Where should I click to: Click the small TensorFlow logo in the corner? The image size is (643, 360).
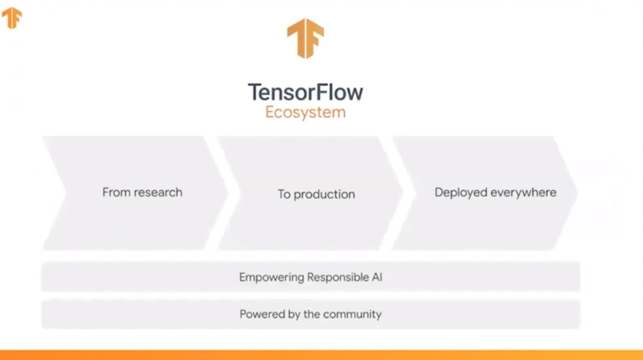click(x=12, y=18)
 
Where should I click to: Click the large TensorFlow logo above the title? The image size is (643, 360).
click(x=305, y=38)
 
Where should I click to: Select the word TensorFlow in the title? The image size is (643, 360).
click(x=305, y=92)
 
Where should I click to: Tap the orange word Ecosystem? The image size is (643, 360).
click(x=305, y=112)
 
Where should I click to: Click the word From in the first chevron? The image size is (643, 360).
click(x=116, y=192)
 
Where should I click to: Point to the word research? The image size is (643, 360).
click(x=158, y=192)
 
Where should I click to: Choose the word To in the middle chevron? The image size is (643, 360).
click(x=284, y=194)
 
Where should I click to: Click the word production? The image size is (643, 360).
click(x=324, y=194)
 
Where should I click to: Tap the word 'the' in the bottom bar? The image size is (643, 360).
click(x=312, y=314)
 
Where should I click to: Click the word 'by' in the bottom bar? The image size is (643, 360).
click(x=294, y=315)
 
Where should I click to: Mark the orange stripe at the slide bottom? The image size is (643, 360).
click(x=321, y=355)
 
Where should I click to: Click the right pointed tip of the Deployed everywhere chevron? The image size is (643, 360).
click(x=576, y=193)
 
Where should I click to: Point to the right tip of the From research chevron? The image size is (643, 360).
click(x=227, y=193)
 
